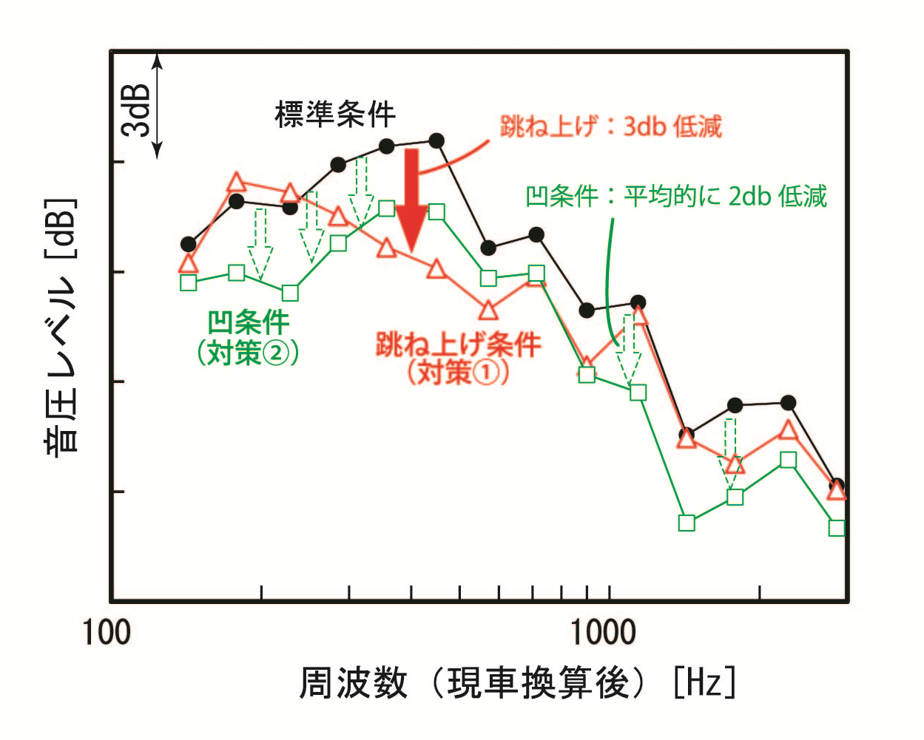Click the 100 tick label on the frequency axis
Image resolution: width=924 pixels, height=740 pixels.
click(x=107, y=633)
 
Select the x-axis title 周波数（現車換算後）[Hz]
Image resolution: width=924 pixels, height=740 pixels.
click(x=517, y=682)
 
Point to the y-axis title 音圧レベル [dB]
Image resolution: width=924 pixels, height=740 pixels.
click(x=61, y=326)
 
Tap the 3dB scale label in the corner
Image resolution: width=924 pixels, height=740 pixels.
click(x=137, y=110)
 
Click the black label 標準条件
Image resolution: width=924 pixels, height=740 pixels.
click(x=335, y=114)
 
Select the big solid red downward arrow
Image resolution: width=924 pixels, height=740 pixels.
click(x=411, y=200)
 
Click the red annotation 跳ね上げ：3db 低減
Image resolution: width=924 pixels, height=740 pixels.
click(x=610, y=126)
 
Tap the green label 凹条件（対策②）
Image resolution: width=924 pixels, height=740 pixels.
click(x=248, y=338)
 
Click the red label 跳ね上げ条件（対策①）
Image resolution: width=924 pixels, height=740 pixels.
click(x=458, y=358)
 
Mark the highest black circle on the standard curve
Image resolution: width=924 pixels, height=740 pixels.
click(x=436, y=140)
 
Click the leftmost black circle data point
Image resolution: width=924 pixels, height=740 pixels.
click(x=188, y=244)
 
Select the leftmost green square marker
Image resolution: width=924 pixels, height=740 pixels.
click(x=188, y=282)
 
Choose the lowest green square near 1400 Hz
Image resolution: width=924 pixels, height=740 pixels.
click(x=687, y=523)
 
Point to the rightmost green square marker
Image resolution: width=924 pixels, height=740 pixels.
click(x=837, y=528)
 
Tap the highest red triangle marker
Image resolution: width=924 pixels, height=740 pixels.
click(x=236, y=182)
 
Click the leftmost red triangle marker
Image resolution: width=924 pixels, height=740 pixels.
click(x=188, y=263)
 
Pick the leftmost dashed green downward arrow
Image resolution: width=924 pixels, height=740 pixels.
click(x=260, y=244)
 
